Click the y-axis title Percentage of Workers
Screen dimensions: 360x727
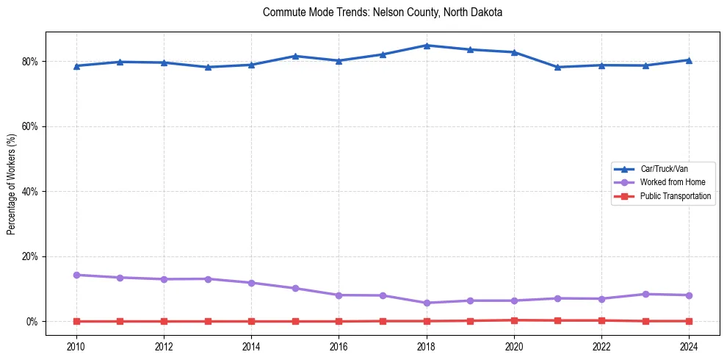[12, 184]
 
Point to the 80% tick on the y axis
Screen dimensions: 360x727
[32, 61]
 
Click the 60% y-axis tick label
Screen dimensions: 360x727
[32, 126]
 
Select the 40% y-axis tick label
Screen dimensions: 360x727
[32, 192]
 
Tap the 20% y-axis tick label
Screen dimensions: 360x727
[32, 256]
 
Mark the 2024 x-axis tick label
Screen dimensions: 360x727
[689, 346]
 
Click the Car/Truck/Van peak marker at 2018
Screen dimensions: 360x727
[427, 46]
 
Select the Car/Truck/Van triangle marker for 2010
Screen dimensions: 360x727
[76, 65]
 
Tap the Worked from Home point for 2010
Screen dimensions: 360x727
[76, 275]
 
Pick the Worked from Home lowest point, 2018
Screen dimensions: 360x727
[427, 303]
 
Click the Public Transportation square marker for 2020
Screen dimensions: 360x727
[514, 320]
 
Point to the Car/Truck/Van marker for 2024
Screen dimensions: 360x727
[689, 60]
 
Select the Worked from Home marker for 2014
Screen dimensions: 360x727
[251, 283]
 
